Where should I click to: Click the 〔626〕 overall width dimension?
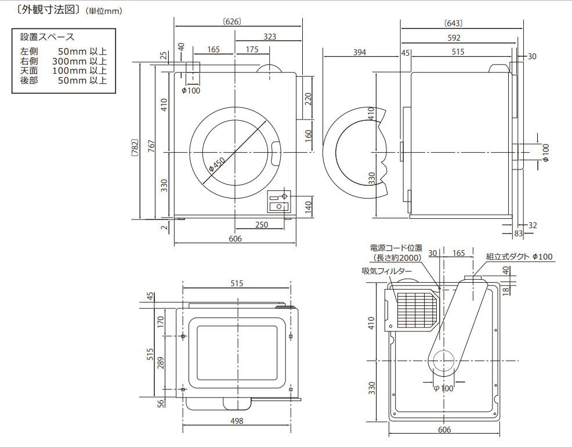[x=231, y=21]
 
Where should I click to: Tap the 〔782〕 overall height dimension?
[x=135, y=149]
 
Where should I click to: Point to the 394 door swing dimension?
[x=360, y=53]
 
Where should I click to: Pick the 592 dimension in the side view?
[x=454, y=38]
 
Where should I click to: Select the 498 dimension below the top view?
[x=237, y=421]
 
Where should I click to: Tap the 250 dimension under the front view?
[x=262, y=225]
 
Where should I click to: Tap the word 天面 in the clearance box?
[x=28, y=70]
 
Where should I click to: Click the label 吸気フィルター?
[x=387, y=271]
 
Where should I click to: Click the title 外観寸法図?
[x=43, y=10]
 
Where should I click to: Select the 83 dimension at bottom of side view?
[x=518, y=233]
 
